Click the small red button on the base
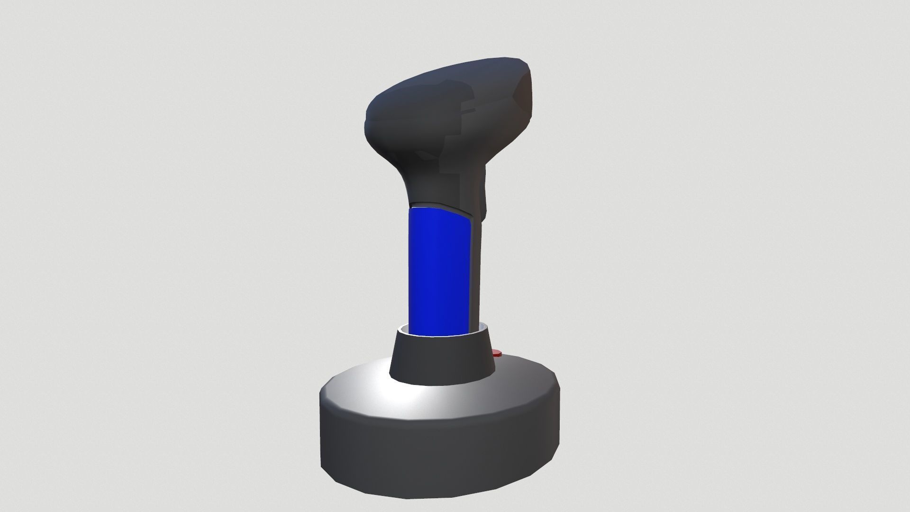(x=497, y=353)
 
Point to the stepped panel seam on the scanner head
(x=455, y=137)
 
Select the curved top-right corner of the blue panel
(x=469, y=218)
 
